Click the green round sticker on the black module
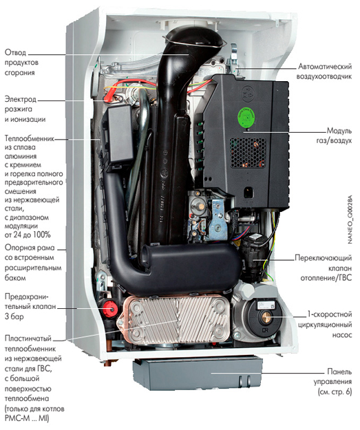(x=246, y=118)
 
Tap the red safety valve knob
(x=111, y=309)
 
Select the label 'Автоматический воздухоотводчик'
(x=324, y=72)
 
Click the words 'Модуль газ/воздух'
(x=334, y=136)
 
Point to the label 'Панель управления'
(x=333, y=377)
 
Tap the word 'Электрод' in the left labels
(x=20, y=99)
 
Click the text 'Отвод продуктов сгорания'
(x=21, y=63)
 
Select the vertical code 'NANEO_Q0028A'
(x=350, y=219)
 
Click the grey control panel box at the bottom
(x=197, y=374)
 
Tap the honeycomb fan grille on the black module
(x=248, y=153)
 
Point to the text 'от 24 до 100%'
(x=28, y=235)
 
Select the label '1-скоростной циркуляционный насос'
(x=325, y=325)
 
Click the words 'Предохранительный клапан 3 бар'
(x=30, y=307)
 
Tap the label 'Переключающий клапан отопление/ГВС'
(x=324, y=268)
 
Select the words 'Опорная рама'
(x=30, y=248)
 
